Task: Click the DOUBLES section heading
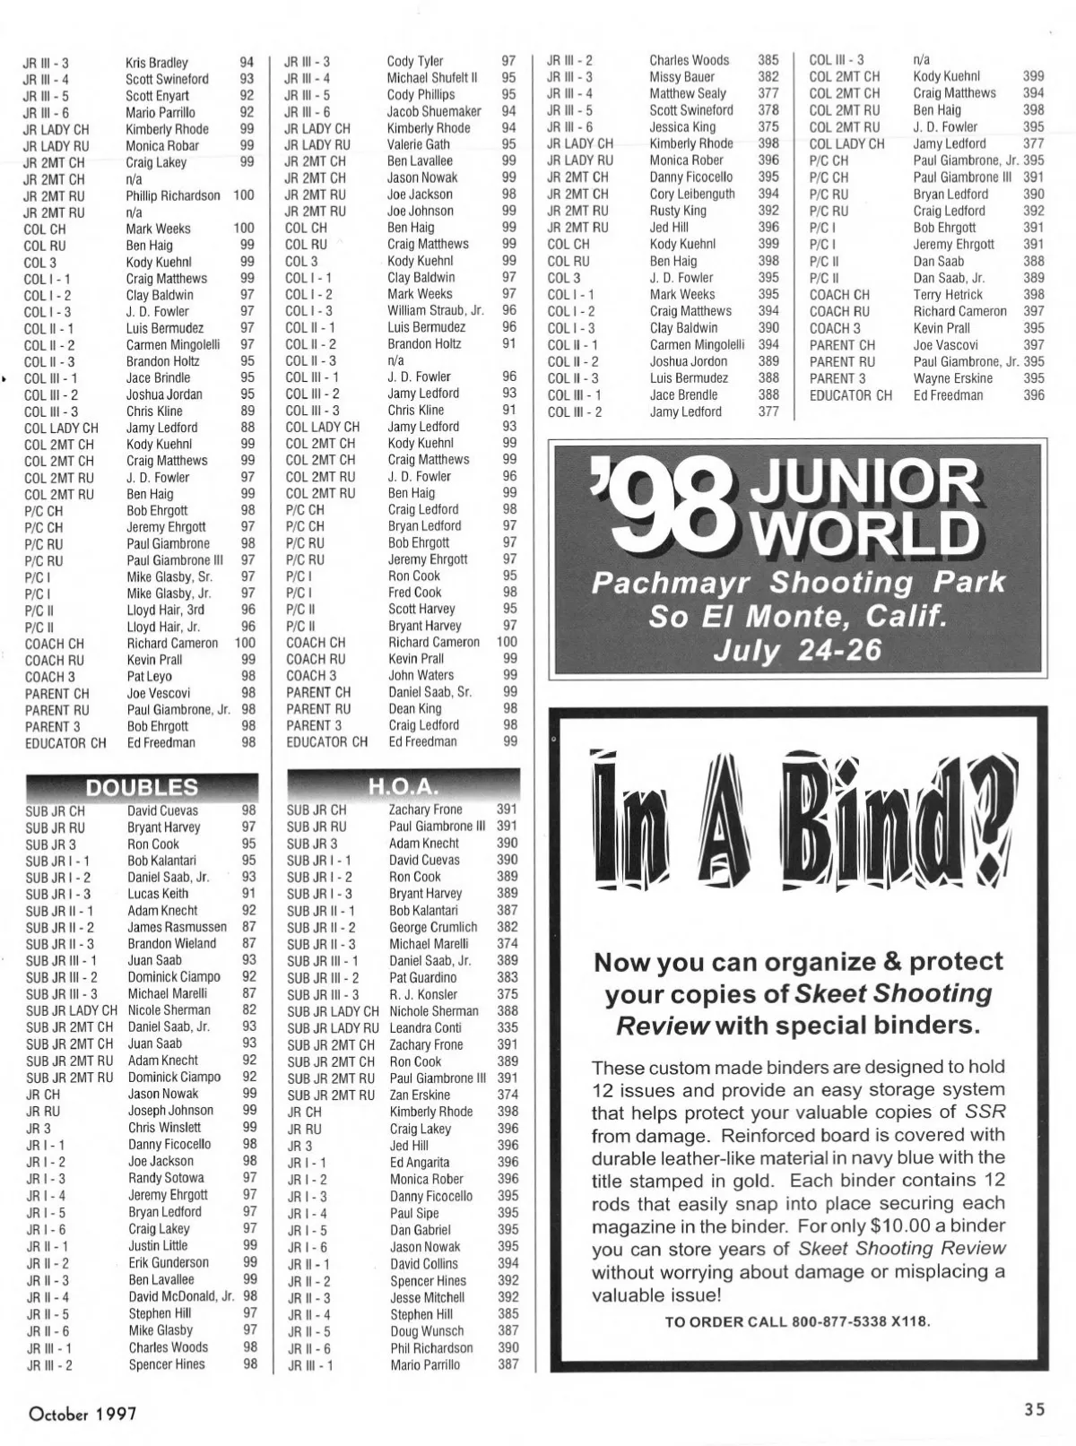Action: (142, 787)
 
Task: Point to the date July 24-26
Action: (797, 650)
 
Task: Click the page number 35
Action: (1035, 1409)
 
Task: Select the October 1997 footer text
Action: (82, 1414)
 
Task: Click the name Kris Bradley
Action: (157, 63)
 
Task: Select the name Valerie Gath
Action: (419, 144)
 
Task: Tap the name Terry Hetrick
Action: (948, 294)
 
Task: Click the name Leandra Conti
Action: (425, 1028)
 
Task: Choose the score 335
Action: (508, 1028)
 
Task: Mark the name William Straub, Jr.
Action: (436, 310)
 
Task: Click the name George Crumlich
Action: (433, 927)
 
